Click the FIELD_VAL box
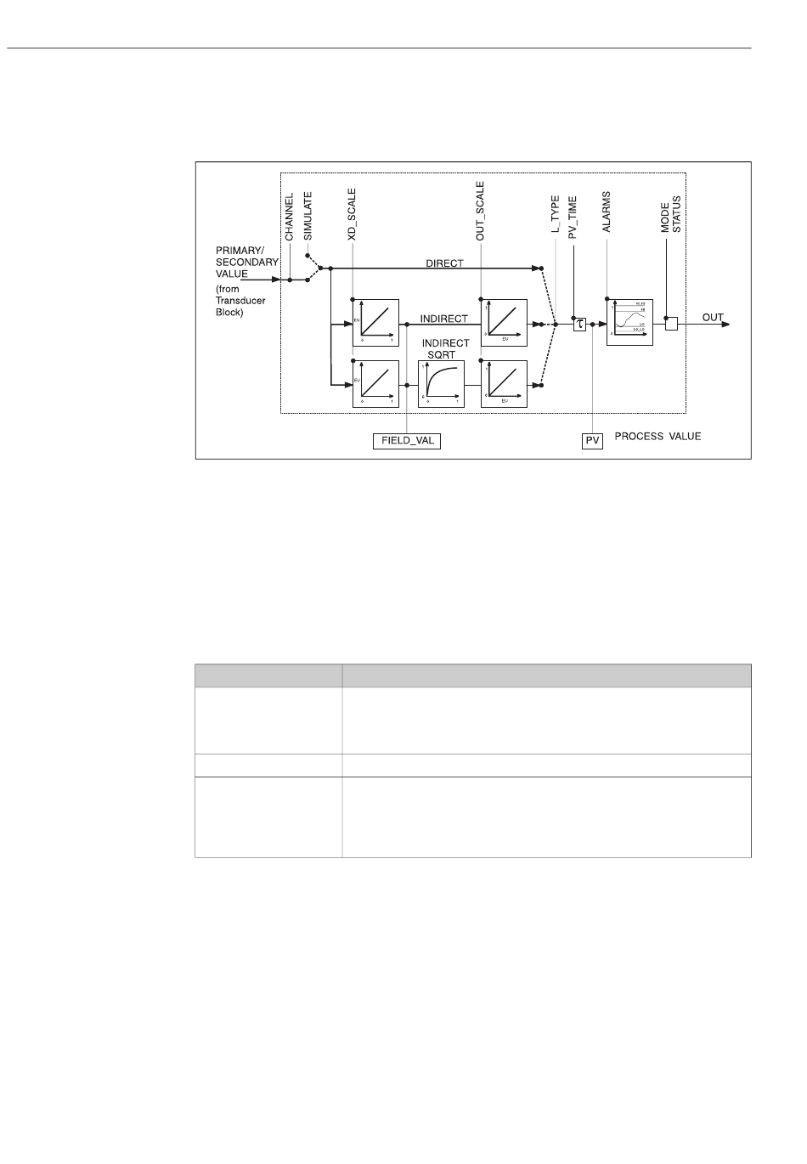(407, 441)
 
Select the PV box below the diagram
(592, 441)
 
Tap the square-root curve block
(441, 384)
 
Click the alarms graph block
(630, 322)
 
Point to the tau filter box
(580, 324)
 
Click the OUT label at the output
(713, 318)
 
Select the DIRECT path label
(444, 263)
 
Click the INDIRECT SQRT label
(445, 348)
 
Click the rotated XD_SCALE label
(353, 217)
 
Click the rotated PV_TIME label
(573, 218)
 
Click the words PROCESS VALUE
(658, 437)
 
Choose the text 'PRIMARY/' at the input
(240, 251)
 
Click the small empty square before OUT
(671, 324)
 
